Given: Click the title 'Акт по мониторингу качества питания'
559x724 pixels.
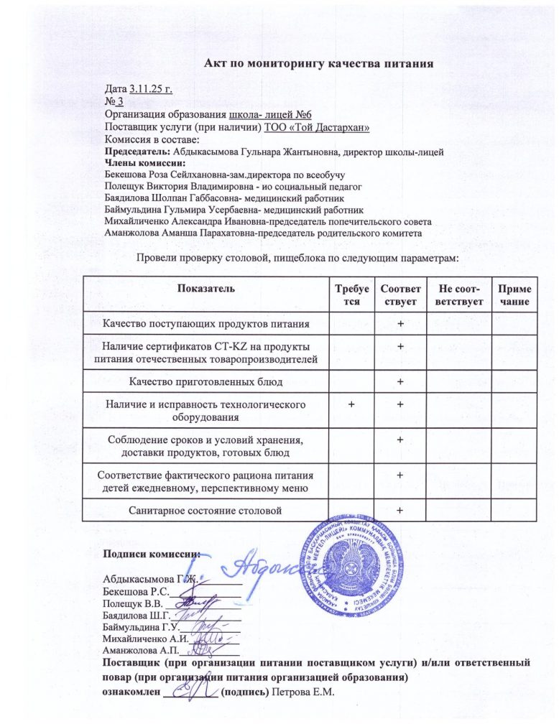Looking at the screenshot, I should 318,63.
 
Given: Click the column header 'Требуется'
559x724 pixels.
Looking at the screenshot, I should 351,294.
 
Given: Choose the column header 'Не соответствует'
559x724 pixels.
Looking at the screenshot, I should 455,294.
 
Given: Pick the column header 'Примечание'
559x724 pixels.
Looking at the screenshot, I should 514,294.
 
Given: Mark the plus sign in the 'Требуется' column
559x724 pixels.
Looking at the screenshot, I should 351,405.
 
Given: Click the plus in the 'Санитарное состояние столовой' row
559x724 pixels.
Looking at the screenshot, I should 400,510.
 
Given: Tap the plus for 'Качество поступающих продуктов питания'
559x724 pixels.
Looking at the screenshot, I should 400,323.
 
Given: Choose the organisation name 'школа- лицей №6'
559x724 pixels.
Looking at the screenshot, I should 269,114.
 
